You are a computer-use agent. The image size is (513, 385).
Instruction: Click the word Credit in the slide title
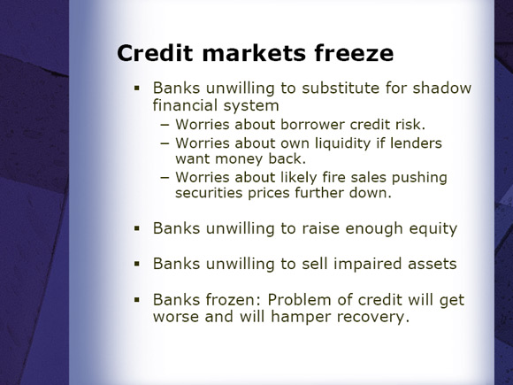coord(155,53)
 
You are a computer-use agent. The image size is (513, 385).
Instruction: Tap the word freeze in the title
coord(354,53)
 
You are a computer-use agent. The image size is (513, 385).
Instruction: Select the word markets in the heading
coord(254,53)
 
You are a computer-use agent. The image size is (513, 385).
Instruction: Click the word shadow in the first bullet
coord(441,88)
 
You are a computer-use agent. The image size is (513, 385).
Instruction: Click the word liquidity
coord(343,144)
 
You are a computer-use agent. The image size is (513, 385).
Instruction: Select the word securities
coord(209,193)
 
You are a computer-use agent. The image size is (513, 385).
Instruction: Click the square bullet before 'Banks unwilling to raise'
coord(137,228)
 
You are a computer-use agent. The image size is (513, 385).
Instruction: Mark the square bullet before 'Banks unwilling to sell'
coord(137,264)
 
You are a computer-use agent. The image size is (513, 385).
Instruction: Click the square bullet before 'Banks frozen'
coord(137,299)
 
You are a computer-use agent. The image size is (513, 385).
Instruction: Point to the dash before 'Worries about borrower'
coord(165,125)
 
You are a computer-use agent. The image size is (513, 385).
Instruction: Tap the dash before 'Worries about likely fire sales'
coord(165,177)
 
